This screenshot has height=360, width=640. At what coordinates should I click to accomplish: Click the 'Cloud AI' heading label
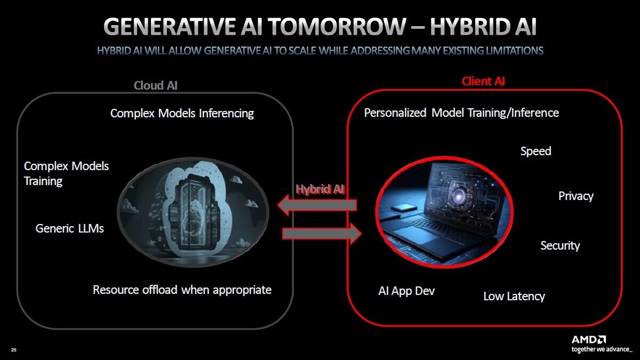pos(155,85)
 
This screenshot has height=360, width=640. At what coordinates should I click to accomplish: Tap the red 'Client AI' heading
pos(483,82)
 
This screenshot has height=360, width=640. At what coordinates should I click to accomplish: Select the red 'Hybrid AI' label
pos(321,189)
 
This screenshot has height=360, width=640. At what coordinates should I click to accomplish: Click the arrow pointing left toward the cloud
pos(317,205)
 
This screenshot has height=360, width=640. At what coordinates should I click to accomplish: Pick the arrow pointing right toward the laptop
pos(322,234)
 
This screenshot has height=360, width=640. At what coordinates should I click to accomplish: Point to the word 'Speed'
pos(535,151)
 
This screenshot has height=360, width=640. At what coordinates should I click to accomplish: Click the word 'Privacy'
pos(575,196)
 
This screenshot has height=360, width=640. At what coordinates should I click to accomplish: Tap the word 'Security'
pos(560,246)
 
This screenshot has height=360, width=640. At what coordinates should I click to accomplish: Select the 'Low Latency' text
pos(514,297)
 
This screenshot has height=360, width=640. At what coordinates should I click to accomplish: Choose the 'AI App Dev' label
pos(406,291)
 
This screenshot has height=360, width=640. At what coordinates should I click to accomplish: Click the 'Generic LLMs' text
pos(69,229)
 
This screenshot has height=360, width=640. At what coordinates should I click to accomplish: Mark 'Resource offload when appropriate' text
pos(182,290)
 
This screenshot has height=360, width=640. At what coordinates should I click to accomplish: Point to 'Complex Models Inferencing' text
pos(182,114)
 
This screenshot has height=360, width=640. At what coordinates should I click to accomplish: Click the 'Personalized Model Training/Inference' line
pos(461,113)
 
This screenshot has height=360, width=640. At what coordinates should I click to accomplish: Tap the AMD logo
pos(589,340)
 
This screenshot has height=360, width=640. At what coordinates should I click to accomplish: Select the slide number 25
pos(14,350)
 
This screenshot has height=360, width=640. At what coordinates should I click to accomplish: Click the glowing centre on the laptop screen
pos(458,196)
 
